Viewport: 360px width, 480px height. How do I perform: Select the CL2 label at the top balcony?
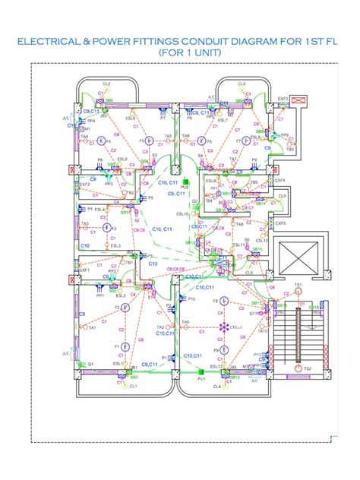tap(106, 84)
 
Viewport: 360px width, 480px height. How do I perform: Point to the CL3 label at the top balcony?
tap(242, 84)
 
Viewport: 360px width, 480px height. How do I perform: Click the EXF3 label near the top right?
tap(283, 99)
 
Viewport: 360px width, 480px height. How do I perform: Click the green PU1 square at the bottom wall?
tap(201, 371)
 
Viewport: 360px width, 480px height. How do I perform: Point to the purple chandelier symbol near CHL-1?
tap(223, 327)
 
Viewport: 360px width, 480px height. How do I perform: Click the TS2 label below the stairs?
tap(308, 368)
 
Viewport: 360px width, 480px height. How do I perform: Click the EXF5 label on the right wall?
tap(280, 223)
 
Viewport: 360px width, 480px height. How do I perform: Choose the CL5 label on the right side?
tap(282, 196)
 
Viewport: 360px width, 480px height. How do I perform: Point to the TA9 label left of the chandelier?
tap(185, 323)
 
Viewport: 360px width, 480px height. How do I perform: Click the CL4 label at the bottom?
tap(217, 386)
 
